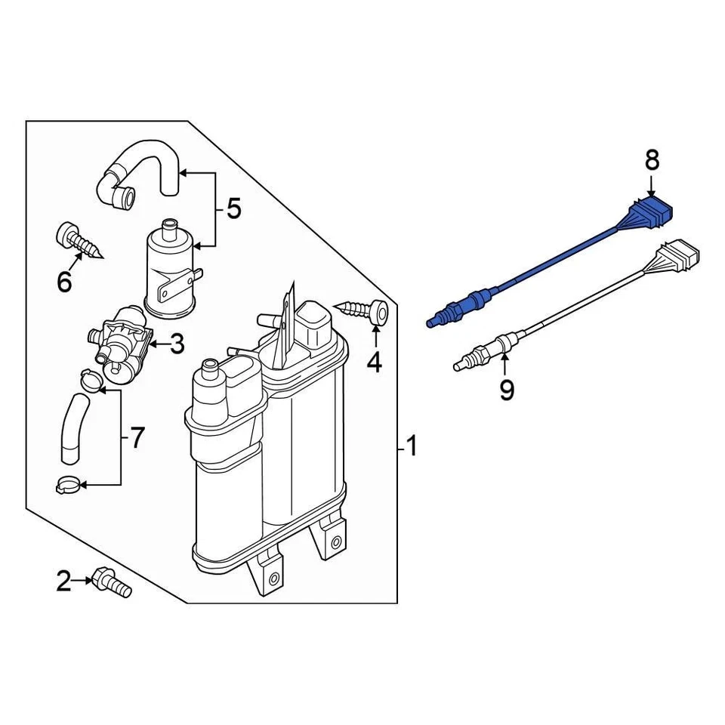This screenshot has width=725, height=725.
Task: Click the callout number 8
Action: (x=652, y=160)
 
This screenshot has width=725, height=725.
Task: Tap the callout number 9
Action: (x=506, y=390)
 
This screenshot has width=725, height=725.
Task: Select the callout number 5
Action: (x=233, y=208)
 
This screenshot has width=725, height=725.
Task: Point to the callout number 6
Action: (x=65, y=282)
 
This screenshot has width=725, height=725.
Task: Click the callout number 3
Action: (x=177, y=345)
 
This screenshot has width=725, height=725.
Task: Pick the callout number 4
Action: (x=375, y=363)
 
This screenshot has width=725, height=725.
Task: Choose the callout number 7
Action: (x=136, y=437)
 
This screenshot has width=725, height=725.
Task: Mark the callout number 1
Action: (x=412, y=447)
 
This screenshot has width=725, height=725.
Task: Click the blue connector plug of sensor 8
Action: (x=652, y=212)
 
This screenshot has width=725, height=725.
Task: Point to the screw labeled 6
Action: (x=77, y=239)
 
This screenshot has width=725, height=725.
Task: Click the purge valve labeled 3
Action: (x=121, y=340)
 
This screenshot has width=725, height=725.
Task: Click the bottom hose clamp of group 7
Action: (x=69, y=484)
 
